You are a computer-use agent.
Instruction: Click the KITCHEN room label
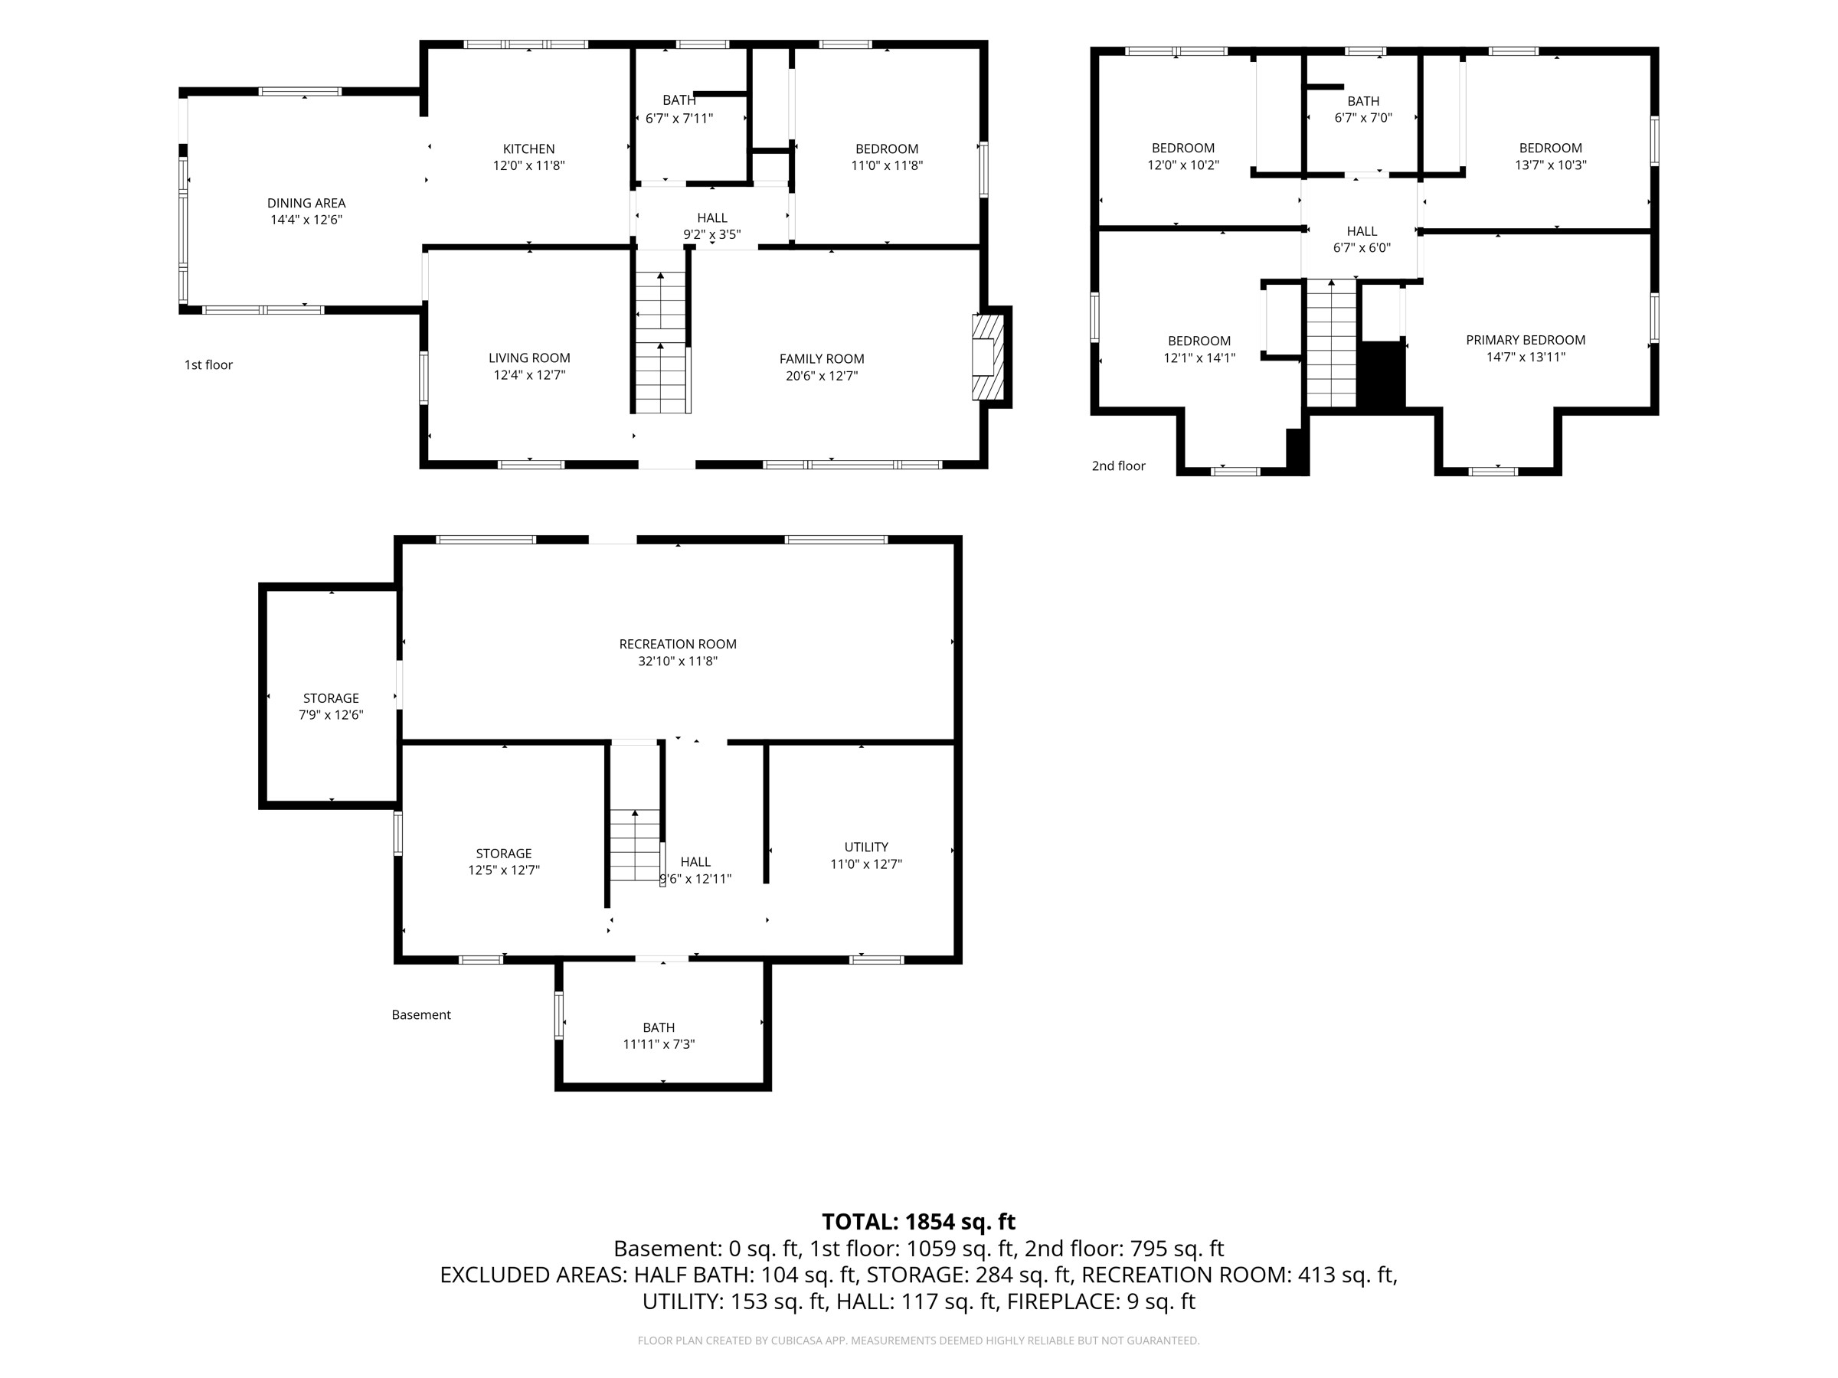click(x=528, y=149)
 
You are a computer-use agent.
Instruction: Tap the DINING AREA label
click(x=306, y=203)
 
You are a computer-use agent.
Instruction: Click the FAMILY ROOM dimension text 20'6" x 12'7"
click(x=822, y=375)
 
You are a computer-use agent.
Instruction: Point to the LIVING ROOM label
click(x=529, y=358)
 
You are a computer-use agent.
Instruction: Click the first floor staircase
click(x=662, y=343)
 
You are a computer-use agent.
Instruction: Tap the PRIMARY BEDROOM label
click(x=1526, y=340)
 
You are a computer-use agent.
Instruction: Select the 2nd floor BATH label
click(x=1363, y=101)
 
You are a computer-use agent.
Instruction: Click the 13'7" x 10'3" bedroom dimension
click(x=1551, y=165)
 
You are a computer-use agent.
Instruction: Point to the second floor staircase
click(x=1332, y=343)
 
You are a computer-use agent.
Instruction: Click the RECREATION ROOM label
click(x=678, y=644)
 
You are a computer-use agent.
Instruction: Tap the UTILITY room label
click(x=866, y=847)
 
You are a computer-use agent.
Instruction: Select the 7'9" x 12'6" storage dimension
click(x=331, y=714)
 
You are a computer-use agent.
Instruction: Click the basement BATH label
click(x=659, y=1027)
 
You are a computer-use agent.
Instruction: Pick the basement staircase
click(x=636, y=846)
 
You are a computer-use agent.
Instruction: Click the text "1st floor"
click(x=208, y=364)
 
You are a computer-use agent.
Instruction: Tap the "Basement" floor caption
click(x=421, y=1014)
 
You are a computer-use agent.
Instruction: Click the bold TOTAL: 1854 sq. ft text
click(x=919, y=1222)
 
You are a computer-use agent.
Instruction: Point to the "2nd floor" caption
click(x=1118, y=466)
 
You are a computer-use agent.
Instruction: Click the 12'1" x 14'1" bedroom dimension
click(x=1199, y=358)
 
